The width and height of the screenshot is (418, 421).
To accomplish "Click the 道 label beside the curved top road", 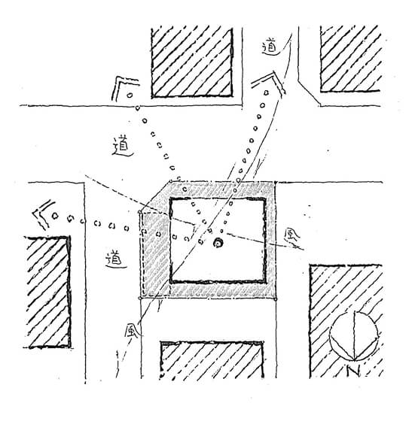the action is [270, 47].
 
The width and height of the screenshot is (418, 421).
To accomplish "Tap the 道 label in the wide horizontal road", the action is [123, 147].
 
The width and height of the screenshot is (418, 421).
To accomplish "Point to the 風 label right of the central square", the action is [292, 238].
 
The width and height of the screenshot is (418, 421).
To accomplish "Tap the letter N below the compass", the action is [353, 371].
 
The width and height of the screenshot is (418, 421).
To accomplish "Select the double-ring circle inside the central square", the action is [218, 244].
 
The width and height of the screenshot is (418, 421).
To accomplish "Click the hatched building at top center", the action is [192, 62].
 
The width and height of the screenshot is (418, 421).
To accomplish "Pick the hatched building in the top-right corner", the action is [350, 59].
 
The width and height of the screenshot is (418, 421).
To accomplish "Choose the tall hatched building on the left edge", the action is [47, 292].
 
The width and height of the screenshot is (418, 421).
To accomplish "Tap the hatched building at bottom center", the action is [212, 360].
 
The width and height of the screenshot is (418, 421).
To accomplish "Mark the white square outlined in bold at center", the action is [218, 241].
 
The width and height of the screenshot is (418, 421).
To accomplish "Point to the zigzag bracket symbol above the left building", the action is [43, 214].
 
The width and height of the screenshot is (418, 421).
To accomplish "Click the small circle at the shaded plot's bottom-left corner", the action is [140, 298].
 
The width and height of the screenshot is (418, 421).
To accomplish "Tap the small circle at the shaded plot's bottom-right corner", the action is [276, 298].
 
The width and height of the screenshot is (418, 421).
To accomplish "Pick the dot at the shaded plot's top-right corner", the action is [276, 183].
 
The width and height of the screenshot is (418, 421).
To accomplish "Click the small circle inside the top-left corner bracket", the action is [130, 95].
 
